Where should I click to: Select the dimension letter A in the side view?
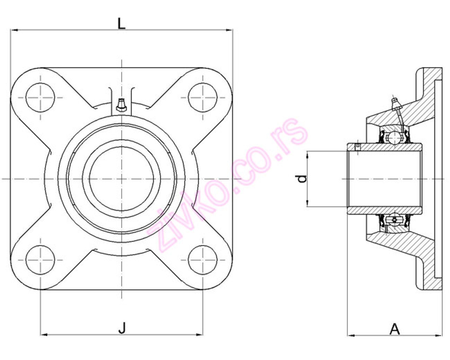(395, 329)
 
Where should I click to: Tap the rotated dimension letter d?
(302, 179)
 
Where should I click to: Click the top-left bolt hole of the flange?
(41, 97)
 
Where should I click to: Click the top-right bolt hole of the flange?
(203, 97)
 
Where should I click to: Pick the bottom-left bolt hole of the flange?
(41, 260)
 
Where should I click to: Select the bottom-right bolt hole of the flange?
(203, 260)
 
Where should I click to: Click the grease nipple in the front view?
(121, 105)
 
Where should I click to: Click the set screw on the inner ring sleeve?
(358, 146)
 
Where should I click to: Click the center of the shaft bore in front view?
(122, 179)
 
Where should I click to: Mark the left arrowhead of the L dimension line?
(14, 30)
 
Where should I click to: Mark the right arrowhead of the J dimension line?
(200, 334)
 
